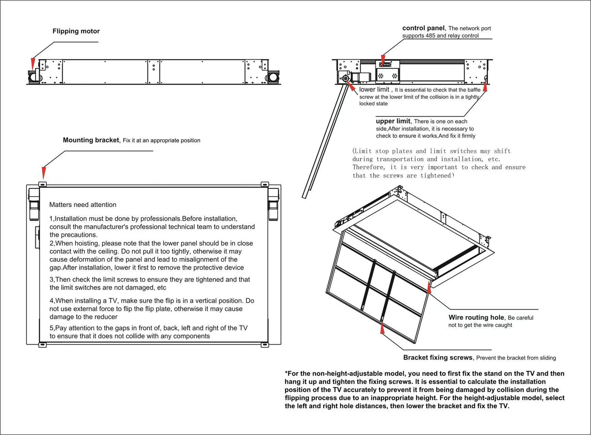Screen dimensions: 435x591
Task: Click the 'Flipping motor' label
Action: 76,31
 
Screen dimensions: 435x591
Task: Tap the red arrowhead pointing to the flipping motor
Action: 32,63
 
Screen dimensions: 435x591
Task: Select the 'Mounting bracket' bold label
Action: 91,140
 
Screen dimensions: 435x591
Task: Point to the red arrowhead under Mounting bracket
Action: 44,173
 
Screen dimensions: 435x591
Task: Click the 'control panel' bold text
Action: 423,28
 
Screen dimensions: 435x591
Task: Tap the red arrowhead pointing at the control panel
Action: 383,60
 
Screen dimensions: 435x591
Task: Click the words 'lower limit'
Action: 374,90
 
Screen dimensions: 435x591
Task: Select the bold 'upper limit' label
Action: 393,121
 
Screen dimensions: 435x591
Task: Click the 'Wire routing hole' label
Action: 476,318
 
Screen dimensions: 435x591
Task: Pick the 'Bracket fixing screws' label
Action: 437,358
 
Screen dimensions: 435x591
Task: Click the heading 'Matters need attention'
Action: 83,205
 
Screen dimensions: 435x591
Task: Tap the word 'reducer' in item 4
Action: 106,317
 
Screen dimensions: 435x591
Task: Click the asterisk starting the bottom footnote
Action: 286,374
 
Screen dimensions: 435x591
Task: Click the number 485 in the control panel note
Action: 430,36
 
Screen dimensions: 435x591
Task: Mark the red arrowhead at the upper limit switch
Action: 485,86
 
